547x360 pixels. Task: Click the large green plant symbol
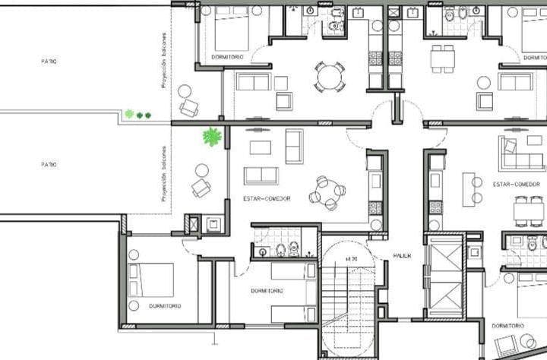(212, 137)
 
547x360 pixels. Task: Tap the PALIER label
(402, 256)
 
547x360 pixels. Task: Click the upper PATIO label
(49, 61)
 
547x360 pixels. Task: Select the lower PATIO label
(49, 164)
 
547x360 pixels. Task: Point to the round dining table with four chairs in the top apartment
(330, 76)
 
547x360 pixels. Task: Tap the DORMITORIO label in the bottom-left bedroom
(165, 306)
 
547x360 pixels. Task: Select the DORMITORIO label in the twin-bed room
(267, 291)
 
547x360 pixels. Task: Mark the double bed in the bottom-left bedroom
(151, 279)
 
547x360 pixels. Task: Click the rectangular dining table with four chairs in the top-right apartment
(442, 58)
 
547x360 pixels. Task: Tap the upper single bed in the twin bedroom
(293, 270)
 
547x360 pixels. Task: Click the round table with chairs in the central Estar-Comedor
(327, 193)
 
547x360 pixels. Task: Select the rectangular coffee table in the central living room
(261, 147)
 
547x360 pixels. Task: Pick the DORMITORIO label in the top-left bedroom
(227, 56)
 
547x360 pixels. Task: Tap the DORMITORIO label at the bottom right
(507, 326)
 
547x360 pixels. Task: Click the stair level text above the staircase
(351, 260)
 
